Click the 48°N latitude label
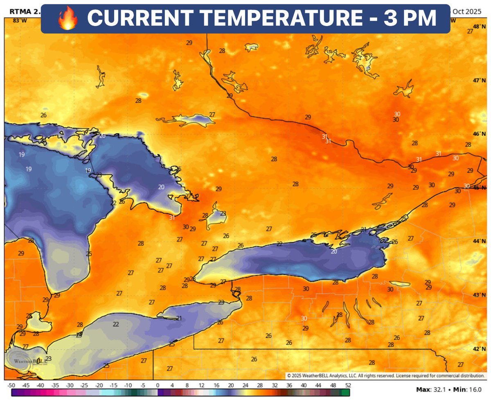(x=478, y=27)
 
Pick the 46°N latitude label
(x=478, y=134)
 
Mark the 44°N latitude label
(x=478, y=241)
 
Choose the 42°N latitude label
(x=478, y=349)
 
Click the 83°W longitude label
(x=17, y=20)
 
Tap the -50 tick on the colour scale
(x=11, y=386)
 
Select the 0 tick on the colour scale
(x=158, y=386)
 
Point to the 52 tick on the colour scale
(x=347, y=386)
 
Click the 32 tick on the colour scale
(x=274, y=386)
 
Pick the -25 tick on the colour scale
(x=84, y=386)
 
